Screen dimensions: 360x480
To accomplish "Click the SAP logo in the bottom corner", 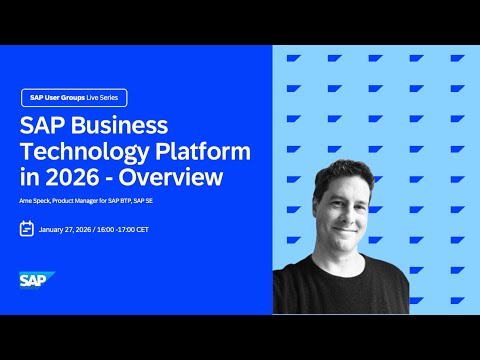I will [37, 281].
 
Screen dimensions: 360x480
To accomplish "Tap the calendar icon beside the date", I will [27, 228].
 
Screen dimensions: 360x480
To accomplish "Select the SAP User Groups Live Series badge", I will [74, 98].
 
